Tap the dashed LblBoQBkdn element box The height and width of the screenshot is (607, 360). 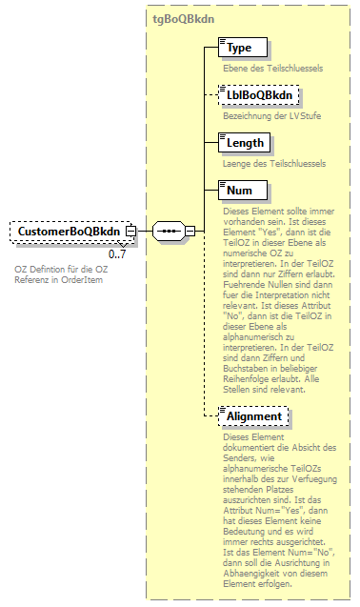click(258, 95)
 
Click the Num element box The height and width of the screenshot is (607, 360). click(239, 192)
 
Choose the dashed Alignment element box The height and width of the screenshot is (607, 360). click(252, 416)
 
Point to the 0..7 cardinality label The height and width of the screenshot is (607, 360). click(117, 254)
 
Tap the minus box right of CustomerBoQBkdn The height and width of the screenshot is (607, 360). click(130, 232)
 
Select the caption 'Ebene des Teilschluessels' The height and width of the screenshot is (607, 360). click(262, 67)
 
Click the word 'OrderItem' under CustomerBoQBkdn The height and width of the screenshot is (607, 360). click(78, 280)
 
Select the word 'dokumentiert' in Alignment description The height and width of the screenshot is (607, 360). click(250, 448)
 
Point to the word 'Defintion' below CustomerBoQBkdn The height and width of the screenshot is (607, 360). click(50, 269)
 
